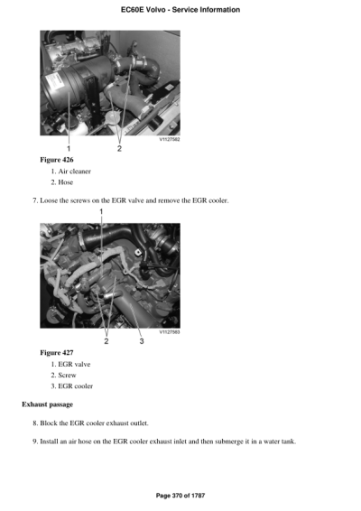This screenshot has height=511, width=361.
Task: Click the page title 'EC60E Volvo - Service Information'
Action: [x=180, y=10]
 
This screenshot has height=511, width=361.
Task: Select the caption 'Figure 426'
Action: [x=57, y=159]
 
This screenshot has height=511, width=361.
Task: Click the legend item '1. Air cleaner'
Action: [x=76, y=171]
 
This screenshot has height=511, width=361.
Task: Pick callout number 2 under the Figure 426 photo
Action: [x=120, y=148]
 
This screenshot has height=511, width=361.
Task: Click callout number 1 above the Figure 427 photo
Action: [x=102, y=210]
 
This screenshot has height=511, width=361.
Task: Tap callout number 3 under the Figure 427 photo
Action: [x=141, y=340]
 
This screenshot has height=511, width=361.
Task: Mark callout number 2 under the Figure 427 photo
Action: [x=106, y=340]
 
